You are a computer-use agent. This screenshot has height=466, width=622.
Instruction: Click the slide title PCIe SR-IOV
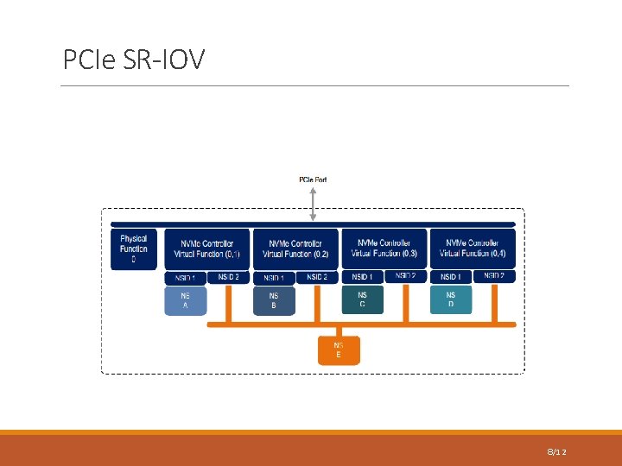(x=134, y=60)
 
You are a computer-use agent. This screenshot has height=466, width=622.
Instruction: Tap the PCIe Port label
(x=313, y=179)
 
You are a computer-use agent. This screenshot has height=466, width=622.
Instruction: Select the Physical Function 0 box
(x=133, y=249)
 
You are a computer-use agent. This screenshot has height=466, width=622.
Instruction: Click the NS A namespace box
(x=186, y=300)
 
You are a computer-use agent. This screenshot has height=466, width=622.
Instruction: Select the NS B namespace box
(x=274, y=300)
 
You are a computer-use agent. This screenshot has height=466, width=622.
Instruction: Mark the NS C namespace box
(x=363, y=299)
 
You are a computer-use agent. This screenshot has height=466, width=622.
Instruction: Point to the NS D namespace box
(x=451, y=299)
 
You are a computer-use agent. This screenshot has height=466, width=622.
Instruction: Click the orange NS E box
(x=339, y=350)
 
